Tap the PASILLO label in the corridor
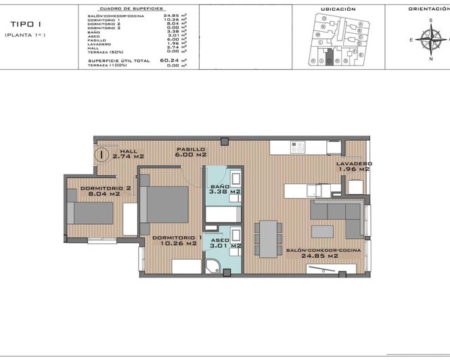point(190,149)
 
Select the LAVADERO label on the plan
point(354,164)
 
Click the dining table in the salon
point(269,238)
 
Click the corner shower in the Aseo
point(214,265)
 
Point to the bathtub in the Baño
point(223,215)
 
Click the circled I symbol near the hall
point(101,154)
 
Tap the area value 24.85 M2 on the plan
point(323,256)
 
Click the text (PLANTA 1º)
point(25,35)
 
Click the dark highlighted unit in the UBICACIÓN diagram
point(330,60)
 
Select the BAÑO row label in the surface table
point(95,31)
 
